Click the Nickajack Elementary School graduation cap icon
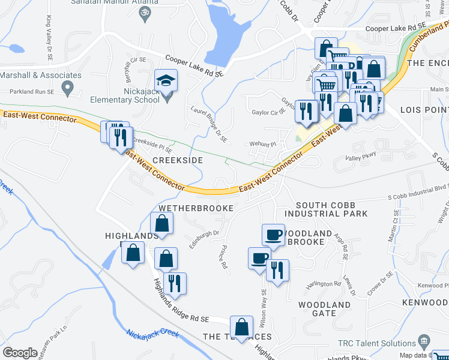coord(165,79)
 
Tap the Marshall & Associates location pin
coord(67,88)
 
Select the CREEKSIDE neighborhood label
coord(177,161)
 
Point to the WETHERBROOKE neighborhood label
coord(195,208)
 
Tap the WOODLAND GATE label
coord(324,309)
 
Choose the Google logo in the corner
coord(20,353)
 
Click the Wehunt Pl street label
coord(263,145)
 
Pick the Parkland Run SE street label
coord(30,92)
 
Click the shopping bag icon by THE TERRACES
coord(241,328)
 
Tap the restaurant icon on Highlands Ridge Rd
coord(175,283)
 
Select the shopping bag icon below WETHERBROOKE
coord(162,224)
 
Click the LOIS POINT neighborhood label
coord(423,110)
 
